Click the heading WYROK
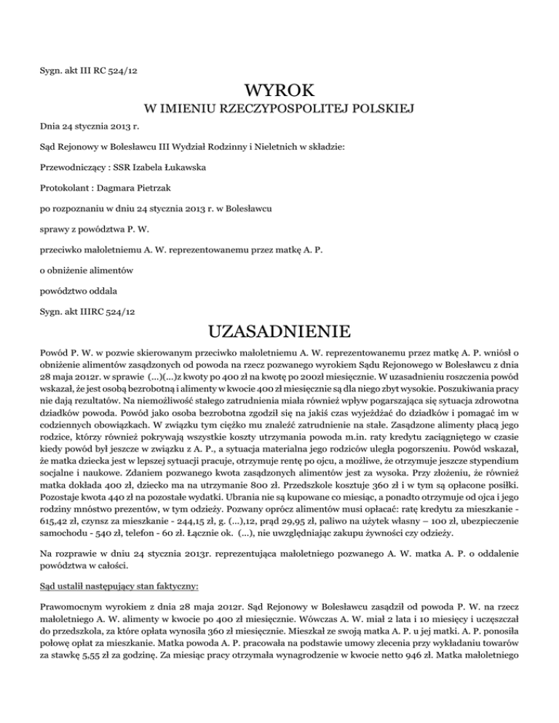279,91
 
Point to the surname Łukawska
181,167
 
